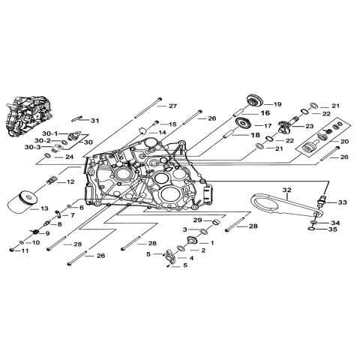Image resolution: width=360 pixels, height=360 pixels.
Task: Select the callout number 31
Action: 94,121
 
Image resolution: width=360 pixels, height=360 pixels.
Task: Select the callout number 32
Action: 286,190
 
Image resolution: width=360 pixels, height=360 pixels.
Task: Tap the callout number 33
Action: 343,202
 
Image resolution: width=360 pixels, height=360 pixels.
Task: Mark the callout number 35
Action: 334,230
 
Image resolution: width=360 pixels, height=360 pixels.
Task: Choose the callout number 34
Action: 334,223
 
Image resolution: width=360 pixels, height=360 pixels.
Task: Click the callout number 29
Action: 197,219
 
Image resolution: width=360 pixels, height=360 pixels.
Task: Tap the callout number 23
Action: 309,127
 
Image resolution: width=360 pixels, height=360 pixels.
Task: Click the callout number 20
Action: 344,142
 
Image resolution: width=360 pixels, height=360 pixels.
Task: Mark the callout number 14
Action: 161,132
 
